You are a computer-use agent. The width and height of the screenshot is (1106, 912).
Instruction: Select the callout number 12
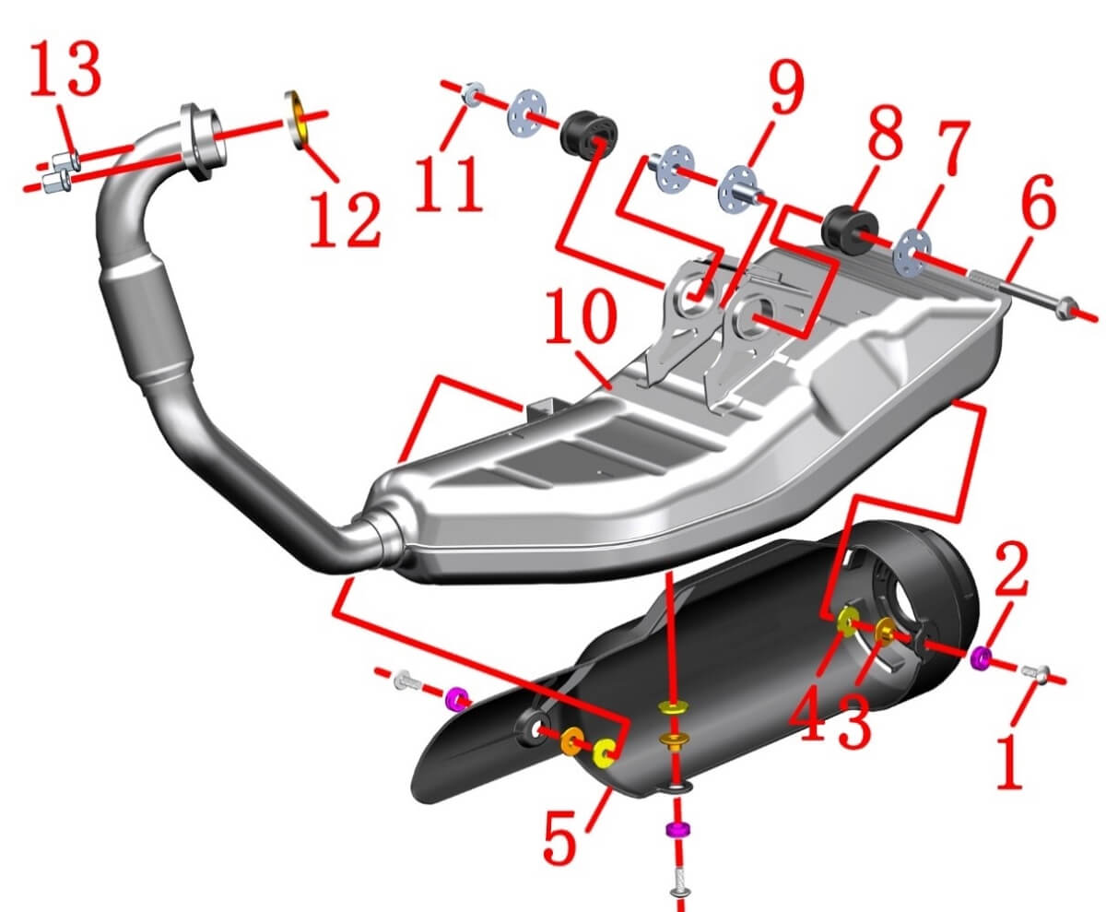click(344, 217)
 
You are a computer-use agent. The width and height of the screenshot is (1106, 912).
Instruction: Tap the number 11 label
click(448, 184)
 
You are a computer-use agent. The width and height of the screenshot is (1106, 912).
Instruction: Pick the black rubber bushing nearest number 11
click(589, 134)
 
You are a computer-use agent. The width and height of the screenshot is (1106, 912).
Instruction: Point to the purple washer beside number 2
click(982, 657)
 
